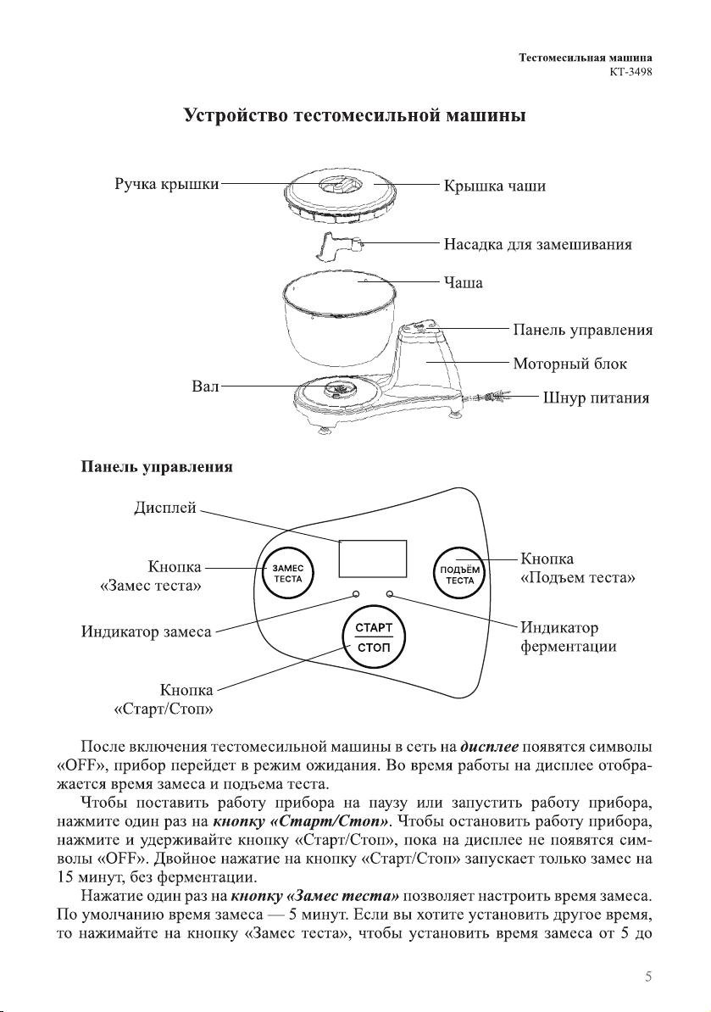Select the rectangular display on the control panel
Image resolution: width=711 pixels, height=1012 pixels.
click(373, 559)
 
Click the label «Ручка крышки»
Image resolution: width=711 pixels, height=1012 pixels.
click(167, 185)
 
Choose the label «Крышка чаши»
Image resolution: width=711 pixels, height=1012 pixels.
click(495, 186)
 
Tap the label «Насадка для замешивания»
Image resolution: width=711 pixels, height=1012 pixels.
click(538, 245)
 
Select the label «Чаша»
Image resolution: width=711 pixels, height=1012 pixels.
click(464, 283)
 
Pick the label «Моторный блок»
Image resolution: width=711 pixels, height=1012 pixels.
click(569, 364)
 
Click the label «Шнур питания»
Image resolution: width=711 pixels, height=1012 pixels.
click(596, 398)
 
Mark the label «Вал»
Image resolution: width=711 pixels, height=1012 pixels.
click(206, 386)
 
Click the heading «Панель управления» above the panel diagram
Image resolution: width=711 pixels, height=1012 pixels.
click(157, 467)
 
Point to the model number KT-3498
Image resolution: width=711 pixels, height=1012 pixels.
click(630, 72)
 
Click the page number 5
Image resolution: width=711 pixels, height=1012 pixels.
click(647, 976)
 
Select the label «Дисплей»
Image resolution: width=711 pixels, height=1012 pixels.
click(165, 509)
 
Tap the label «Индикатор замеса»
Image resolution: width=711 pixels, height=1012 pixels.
click(147, 631)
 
